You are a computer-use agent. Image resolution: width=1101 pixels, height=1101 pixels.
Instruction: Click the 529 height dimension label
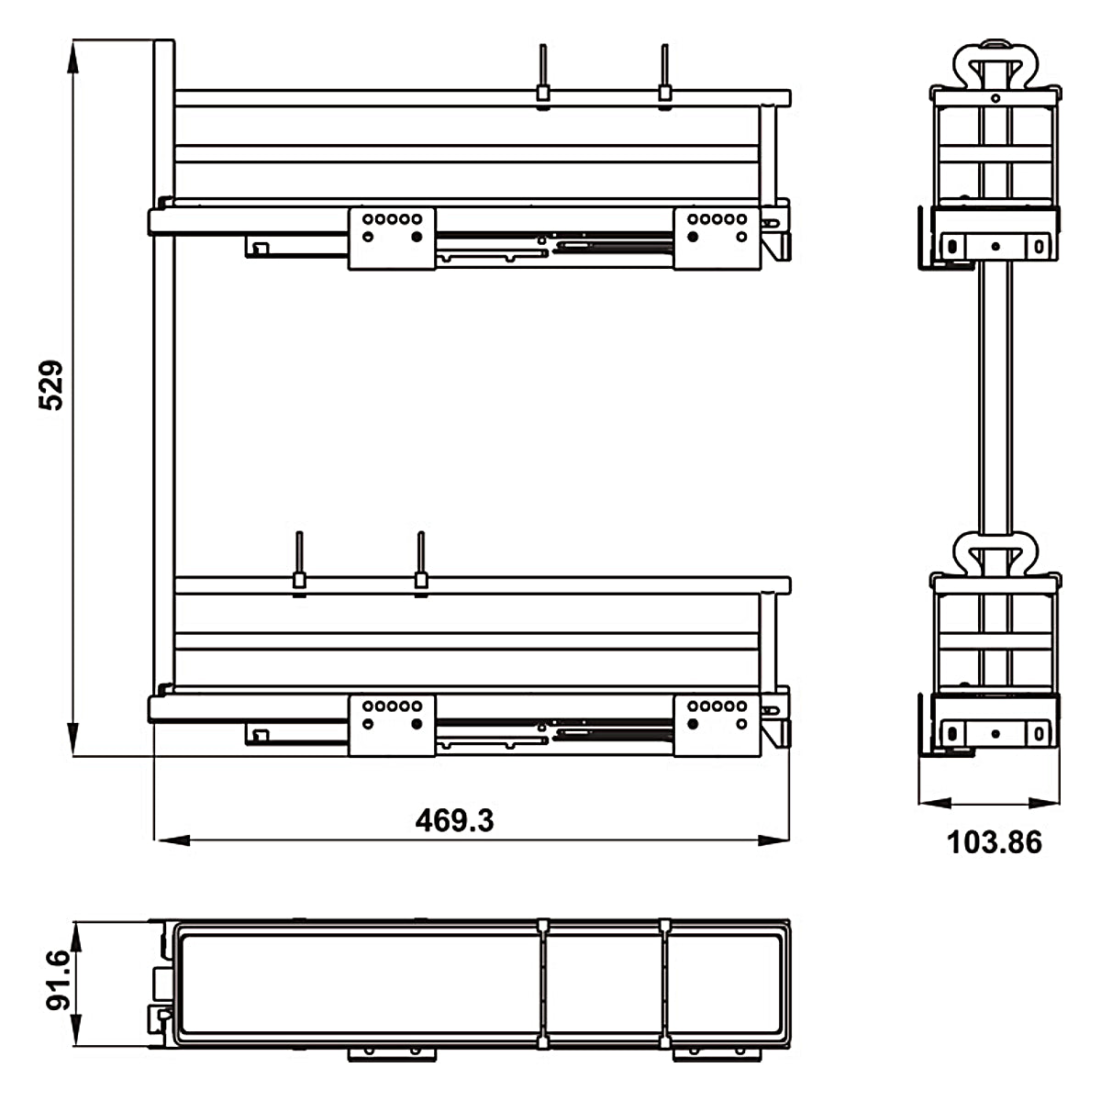click(51, 384)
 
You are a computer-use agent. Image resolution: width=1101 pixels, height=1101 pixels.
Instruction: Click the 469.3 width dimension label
click(454, 819)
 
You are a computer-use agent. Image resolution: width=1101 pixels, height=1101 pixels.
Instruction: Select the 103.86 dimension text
click(994, 841)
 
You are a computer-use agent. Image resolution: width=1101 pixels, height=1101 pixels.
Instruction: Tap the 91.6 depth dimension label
click(58, 980)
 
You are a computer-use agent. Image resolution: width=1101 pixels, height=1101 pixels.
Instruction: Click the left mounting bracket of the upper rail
click(392, 239)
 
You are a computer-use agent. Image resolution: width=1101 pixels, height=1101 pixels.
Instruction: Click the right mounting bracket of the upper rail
click(717, 239)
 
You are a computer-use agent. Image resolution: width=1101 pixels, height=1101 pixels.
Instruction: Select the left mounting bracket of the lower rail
click(392, 726)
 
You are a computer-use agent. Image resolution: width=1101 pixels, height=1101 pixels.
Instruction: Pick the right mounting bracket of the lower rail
click(717, 726)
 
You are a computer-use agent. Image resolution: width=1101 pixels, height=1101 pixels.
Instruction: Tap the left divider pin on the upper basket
click(543, 73)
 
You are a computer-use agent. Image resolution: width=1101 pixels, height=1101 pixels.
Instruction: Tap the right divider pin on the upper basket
click(663, 73)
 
